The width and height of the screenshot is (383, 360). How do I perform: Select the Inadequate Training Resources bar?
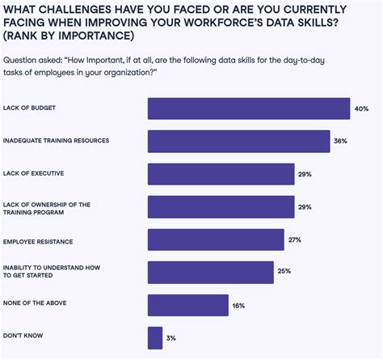pyautogui.click(x=239, y=141)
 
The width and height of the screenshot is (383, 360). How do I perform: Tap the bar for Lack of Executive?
pyautogui.click(x=221, y=174)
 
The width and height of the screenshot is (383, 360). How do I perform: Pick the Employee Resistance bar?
pyautogui.click(x=216, y=239)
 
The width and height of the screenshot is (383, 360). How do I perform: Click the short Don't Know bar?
pyautogui.click(x=155, y=337)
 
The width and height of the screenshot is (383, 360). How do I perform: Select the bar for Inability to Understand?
pyautogui.click(x=211, y=272)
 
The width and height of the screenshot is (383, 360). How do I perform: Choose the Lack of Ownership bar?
pyautogui.click(x=221, y=206)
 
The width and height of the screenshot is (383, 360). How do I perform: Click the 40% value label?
pyautogui.click(x=362, y=108)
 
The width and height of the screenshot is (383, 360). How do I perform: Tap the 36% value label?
pyautogui.click(x=341, y=141)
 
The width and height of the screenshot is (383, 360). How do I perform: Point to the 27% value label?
pyautogui.click(x=294, y=239)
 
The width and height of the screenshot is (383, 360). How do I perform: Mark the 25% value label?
pyautogui.click(x=284, y=272)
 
